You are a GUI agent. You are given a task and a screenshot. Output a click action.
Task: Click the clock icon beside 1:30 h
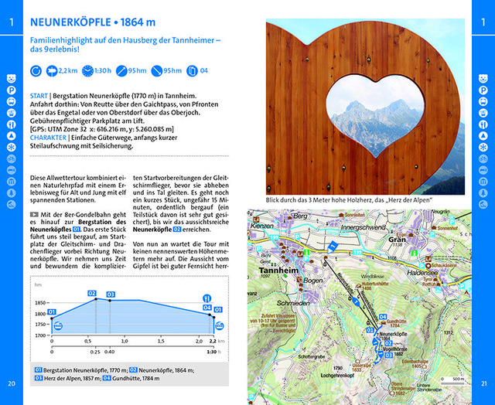pyautogui.click(x=90, y=71)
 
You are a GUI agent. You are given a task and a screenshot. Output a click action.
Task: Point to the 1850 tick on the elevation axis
pyautogui.click(x=40, y=302)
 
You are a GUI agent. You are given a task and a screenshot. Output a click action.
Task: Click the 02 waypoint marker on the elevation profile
pyautogui.click(x=92, y=293)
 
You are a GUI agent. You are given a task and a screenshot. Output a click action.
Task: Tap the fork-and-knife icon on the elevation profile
pyautogui.click(x=207, y=297)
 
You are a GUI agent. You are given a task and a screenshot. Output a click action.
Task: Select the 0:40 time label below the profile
pyautogui.click(x=110, y=352)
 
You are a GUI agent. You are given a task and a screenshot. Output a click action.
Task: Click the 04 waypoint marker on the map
pyautogui.click(x=382, y=317)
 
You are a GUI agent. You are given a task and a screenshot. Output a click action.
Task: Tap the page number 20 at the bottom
pyautogui.click(x=11, y=383)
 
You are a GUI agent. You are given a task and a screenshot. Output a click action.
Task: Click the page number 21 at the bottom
pyautogui.click(x=483, y=383)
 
